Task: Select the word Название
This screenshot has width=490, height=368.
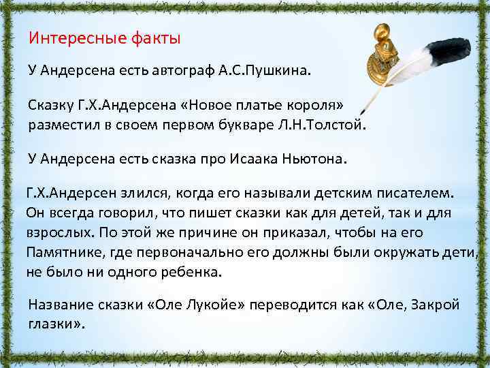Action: click(x=60, y=305)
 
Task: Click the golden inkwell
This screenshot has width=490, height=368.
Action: click(x=385, y=58)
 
